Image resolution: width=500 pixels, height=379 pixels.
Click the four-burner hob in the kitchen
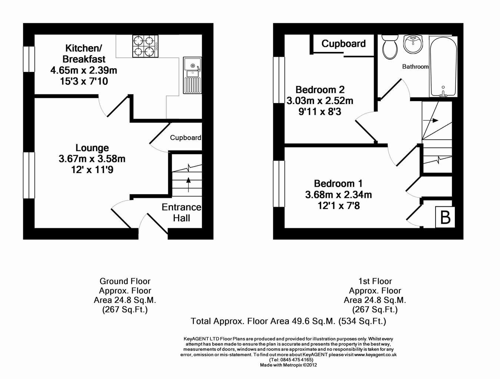[x=145, y=46]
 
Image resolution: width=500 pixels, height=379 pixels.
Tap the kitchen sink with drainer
[x=193, y=75]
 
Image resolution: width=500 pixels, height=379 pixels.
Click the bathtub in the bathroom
[x=443, y=66]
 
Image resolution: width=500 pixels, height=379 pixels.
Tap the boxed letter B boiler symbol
[x=445, y=217]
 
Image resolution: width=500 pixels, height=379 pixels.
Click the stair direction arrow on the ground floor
[x=189, y=184]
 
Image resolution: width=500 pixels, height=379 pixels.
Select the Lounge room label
[x=92, y=148]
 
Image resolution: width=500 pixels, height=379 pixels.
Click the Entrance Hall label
[x=181, y=213]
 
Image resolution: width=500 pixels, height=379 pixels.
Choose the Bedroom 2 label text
[x=320, y=90]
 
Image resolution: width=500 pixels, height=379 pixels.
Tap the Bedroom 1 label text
[x=338, y=183]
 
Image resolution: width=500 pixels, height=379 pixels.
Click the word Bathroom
[x=415, y=67]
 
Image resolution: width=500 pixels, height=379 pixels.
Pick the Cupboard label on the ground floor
[x=186, y=137]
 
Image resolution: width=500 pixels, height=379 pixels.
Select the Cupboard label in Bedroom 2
[x=343, y=43]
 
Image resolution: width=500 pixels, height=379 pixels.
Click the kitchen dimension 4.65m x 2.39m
[x=84, y=70]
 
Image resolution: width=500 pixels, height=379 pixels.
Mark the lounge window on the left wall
[x=29, y=175]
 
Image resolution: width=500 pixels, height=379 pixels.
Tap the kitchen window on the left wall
[x=29, y=59]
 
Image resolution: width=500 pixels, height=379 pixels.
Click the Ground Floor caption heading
[x=125, y=281]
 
